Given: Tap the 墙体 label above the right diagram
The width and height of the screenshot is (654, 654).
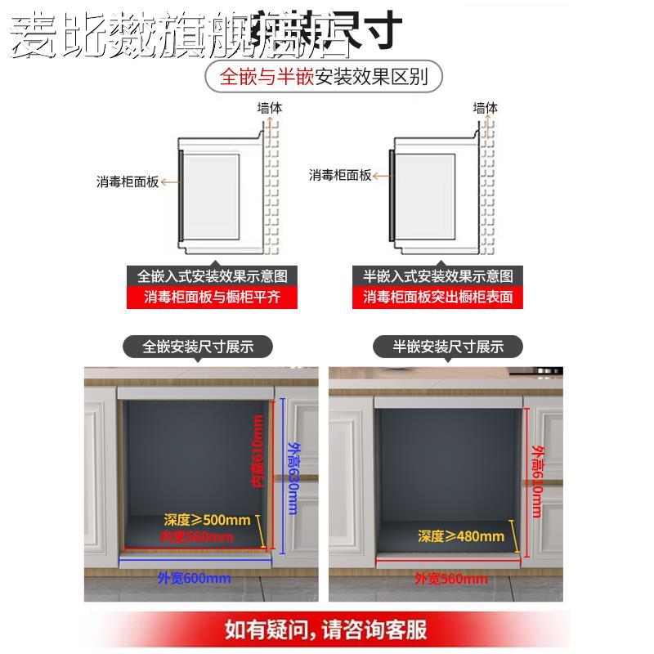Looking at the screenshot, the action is pyautogui.click(x=485, y=108).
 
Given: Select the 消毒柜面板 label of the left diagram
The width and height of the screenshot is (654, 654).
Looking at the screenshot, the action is pyautogui.click(x=128, y=181).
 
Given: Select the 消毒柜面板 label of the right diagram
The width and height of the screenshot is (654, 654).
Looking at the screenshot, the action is pyautogui.click(x=340, y=175).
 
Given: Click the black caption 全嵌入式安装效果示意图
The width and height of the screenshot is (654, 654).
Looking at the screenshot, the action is pyautogui.click(x=212, y=275).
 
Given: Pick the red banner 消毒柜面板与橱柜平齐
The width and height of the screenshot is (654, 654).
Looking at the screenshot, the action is pyautogui.click(x=212, y=297).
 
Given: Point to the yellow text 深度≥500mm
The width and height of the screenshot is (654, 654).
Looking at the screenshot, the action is pyautogui.click(x=207, y=519).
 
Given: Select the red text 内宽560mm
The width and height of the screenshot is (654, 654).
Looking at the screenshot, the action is pyautogui.click(x=195, y=537).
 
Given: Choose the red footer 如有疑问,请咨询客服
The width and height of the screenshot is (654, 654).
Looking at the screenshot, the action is pyautogui.click(x=326, y=630).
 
